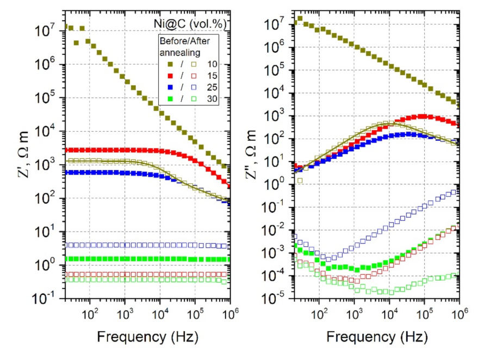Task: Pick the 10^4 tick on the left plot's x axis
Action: click(159, 314)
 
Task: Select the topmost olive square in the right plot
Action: click(300, 19)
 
